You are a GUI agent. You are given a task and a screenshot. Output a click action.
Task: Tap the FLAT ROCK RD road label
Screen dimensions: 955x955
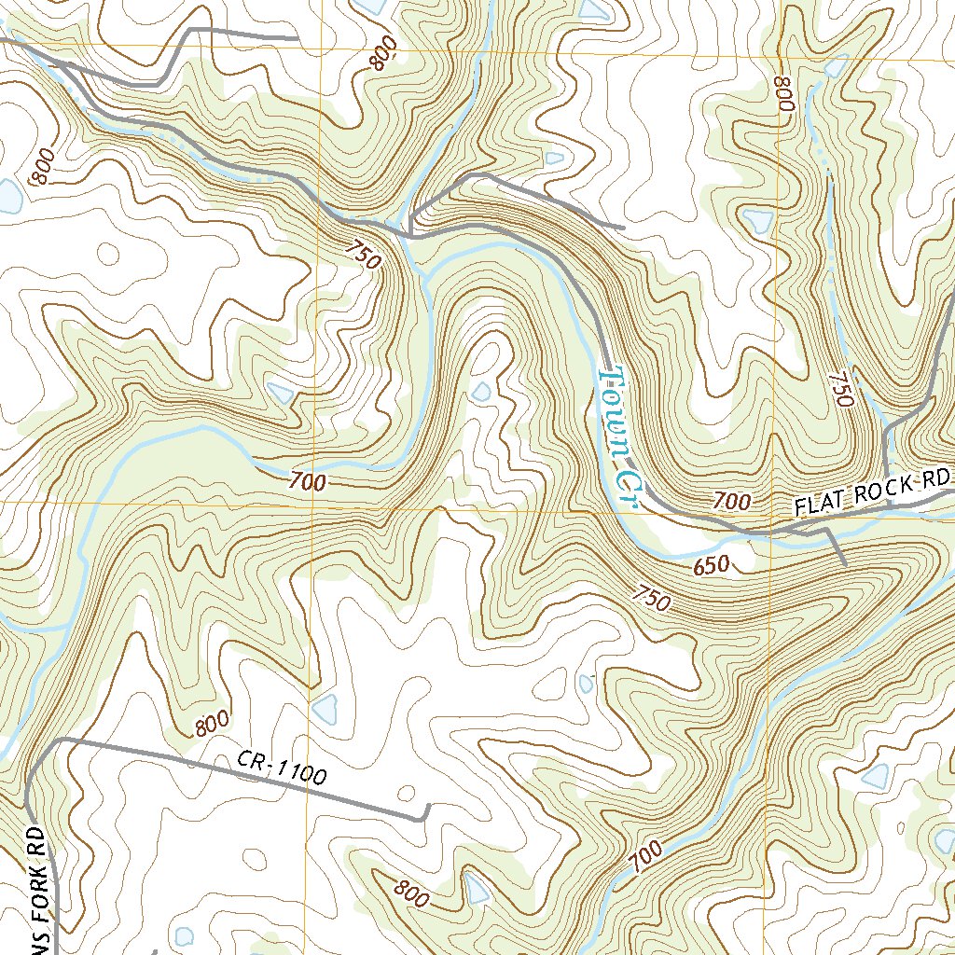871,494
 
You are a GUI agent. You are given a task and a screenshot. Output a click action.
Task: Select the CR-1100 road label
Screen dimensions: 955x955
281,768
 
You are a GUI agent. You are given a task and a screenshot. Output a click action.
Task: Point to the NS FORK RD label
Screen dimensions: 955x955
35,886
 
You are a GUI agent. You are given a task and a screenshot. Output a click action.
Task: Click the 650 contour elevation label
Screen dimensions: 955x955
711,565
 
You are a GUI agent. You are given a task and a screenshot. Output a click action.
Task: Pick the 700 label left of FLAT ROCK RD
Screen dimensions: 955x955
733,502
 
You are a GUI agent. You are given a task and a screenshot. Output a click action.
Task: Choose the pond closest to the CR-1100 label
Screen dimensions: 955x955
325,709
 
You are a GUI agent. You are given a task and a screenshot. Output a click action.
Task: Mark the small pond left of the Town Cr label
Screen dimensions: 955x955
480,392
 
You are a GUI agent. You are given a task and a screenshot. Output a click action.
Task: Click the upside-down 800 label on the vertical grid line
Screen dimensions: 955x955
782,94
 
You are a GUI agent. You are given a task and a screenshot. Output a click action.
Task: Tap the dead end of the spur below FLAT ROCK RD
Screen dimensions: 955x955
845,564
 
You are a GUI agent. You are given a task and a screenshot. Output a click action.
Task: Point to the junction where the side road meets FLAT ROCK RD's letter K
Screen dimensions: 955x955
887,505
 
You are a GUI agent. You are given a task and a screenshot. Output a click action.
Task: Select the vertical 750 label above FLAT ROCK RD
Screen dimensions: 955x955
840,386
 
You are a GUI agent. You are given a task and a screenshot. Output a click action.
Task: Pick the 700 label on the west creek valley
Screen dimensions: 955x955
307,482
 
